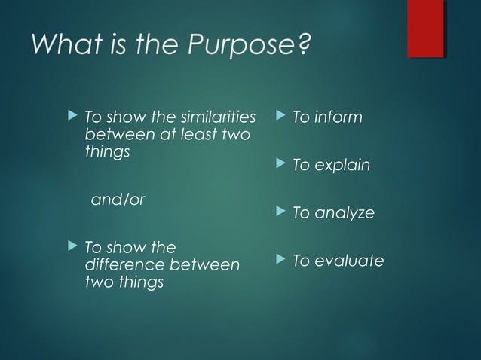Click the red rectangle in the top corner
click(x=425, y=29)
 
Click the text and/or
click(x=118, y=200)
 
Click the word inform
click(x=338, y=117)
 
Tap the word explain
click(x=342, y=165)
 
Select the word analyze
click(x=344, y=213)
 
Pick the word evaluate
click(x=349, y=261)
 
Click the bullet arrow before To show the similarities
click(x=72, y=117)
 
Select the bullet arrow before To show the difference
click(x=72, y=247)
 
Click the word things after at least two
click(x=108, y=152)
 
